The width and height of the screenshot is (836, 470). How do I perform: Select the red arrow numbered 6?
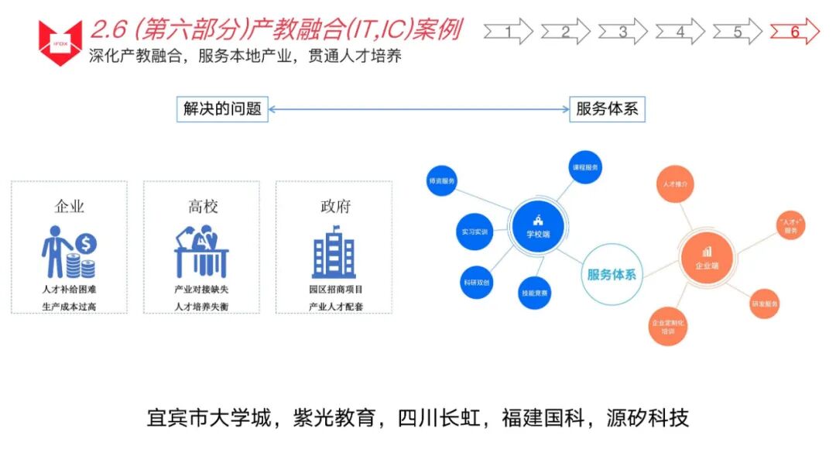[x=794, y=32]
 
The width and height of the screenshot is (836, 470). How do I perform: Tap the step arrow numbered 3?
[x=622, y=32]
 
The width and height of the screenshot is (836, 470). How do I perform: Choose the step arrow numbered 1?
[x=508, y=32]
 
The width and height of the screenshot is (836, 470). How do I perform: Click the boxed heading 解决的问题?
[x=222, y=109]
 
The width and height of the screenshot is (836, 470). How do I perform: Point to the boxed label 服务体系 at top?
[x=607, y=109]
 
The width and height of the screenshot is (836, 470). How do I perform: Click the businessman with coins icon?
[x=69, y=251]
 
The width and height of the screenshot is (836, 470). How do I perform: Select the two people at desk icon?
[x=201, y=251]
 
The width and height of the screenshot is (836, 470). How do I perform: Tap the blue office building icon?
[x=334, y=251]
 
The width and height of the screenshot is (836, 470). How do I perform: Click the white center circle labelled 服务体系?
[x=612, y=274]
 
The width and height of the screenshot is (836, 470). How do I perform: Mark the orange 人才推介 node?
[x=674, y=185]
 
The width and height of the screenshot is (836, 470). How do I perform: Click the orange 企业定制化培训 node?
[x=667, y=326]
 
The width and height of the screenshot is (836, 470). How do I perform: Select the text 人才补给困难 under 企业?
[x=69, y=289]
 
